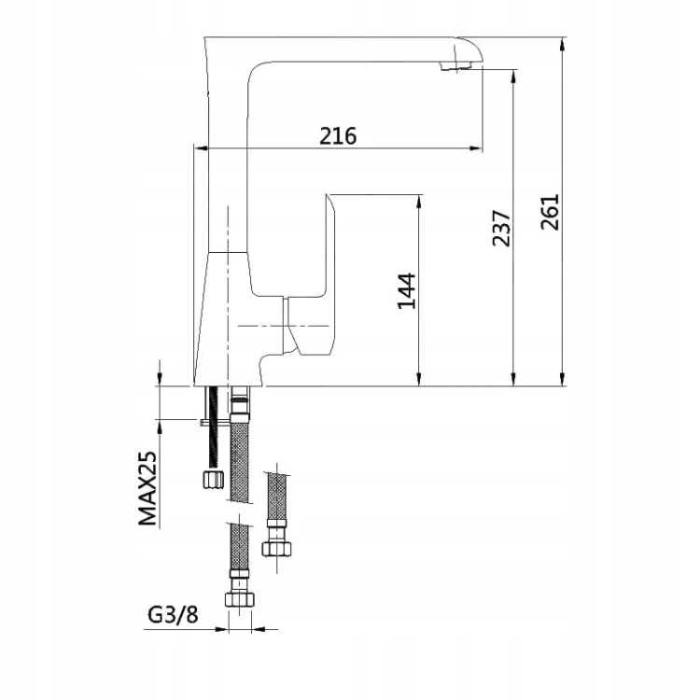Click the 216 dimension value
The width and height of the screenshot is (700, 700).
(x=338, y=135)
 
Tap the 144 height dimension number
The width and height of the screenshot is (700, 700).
(x=407, y=291)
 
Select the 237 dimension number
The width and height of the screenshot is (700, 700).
(x=501, y=228)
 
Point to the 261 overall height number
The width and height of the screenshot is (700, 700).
(x=550, y=212)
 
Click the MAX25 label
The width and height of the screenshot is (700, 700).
(x=147, y=488)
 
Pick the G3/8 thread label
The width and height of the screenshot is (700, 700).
(x=173, y=615)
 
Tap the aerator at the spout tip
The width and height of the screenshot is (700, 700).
(x=456, y=66)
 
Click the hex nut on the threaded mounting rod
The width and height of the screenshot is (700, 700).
(x=213, y=479)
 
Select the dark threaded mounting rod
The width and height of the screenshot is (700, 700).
(x=214, y=427)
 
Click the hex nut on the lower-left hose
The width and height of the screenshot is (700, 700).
(x=240, y=598)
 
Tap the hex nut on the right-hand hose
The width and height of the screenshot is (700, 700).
(x=277, y=549)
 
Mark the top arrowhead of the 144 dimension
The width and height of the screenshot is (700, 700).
(x=419, y=203)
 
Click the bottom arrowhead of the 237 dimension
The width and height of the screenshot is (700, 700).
(x=514, y=378)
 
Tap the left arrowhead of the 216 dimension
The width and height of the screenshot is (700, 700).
(x=202, y=147)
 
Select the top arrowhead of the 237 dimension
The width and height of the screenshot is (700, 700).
(x=514, y=77)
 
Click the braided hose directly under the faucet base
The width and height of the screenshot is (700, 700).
(x=240, y=460)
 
